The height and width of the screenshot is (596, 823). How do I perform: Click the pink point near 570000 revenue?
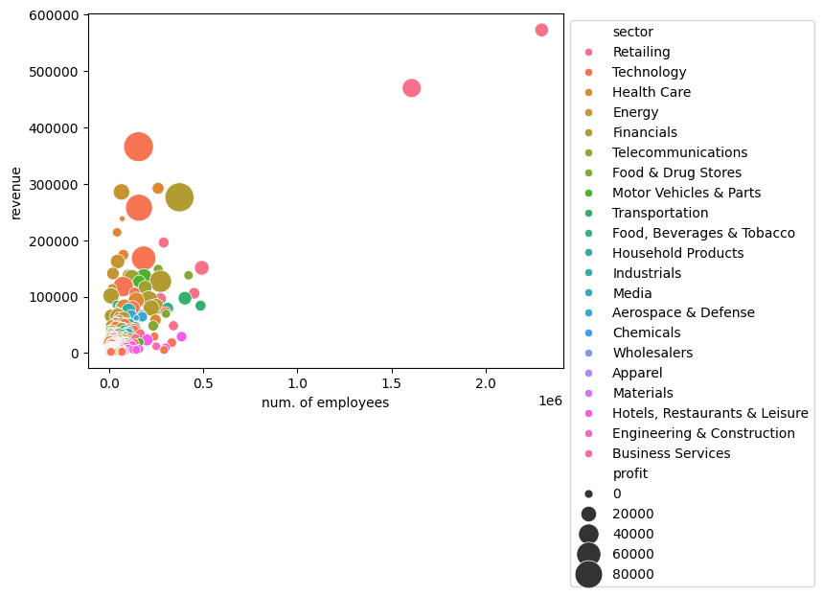(x=541, y=30)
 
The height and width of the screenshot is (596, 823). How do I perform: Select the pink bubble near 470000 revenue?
(x=412, y=88)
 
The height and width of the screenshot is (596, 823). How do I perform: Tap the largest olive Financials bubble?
(x=179, y=197)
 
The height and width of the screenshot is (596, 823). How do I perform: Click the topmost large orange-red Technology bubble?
(x=139, y=147)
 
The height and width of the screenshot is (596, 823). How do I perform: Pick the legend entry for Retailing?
(x=641, y=52)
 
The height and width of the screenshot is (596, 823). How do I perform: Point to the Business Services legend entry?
(x=671, y=453)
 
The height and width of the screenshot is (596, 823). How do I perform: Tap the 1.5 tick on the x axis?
(x=393, y=383)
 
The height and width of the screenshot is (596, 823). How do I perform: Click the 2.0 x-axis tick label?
(x=486, y=383)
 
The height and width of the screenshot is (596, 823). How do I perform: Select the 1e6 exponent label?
(x=549, y=401)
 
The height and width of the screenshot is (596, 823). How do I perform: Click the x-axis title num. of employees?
(x=325, y=402)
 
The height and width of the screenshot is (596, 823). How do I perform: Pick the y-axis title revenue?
(x=16, y=191)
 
